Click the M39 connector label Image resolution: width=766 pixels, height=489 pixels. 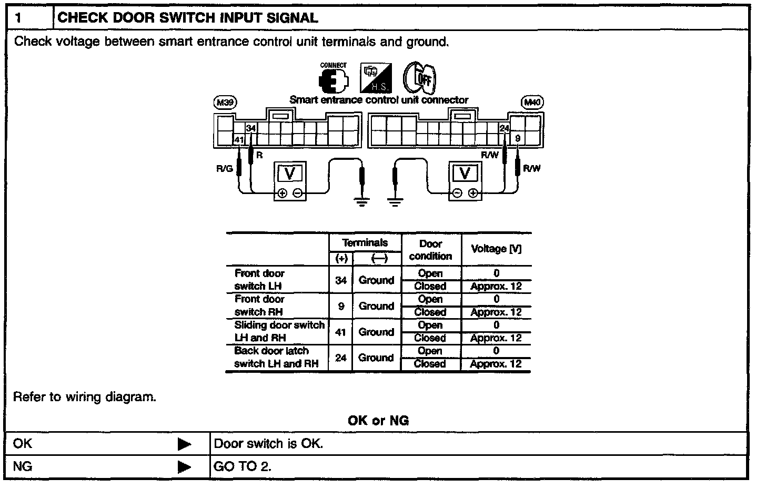pyautogui.click(x=225, y=103)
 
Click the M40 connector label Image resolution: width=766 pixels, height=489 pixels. pyautogui.click(x=532, y=103)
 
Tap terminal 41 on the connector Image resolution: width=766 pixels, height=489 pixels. pyautogui.click(x=239, y=140)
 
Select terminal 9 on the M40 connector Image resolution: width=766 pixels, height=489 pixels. pyautogui.click(x=518, y=138)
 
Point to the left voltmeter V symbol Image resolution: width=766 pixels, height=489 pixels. pyautogui.click(x=289, y=173)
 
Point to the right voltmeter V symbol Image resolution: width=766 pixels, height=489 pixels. pyautogui.click(x=465, y=173)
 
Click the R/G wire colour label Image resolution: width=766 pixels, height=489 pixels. pyautogui.click(x=224, y=169)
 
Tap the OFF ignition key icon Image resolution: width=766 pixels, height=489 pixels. pyautogui.click(x=419, y=78)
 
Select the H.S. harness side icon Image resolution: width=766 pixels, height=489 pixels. pyautogui.click(x=376, y=78)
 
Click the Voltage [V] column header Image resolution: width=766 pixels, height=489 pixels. pyautogui.click(x=496, y=249)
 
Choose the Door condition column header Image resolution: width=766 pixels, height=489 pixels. pyautogui.click(x=430, y=250)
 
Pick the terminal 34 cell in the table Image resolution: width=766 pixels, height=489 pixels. pyautogui.click(x=341, y=280)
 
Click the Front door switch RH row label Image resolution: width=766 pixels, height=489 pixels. pyautogui.click(x=259, y=305)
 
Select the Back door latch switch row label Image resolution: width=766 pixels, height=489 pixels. pyautogui.click(x=276, y=357)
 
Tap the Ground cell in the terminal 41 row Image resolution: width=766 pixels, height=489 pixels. pyautogui.click(x=376, y=332)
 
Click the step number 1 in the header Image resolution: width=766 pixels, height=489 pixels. pyautogui.click(x=18, y=18)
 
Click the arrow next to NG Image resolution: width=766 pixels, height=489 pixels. pyautogui.click(x=185, y=466)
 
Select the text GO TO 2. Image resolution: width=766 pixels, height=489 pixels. pyautogui.click(x=243, y=466)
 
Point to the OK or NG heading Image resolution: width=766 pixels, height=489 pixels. pyautogui.click(x=378, y=420)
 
